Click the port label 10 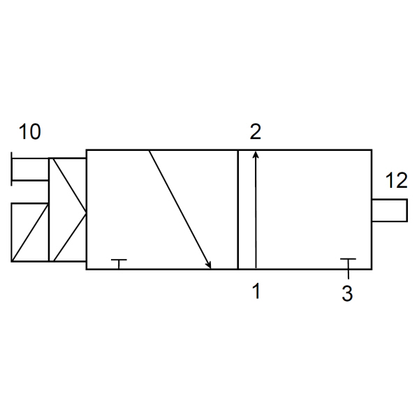[29, 132]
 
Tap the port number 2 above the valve [255, 131]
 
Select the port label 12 [397, 180]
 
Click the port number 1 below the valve [256, 291]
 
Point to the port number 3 [347, 293]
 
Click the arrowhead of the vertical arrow [256, 154]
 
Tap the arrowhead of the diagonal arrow [208, 265]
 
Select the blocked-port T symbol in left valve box [119, 264]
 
